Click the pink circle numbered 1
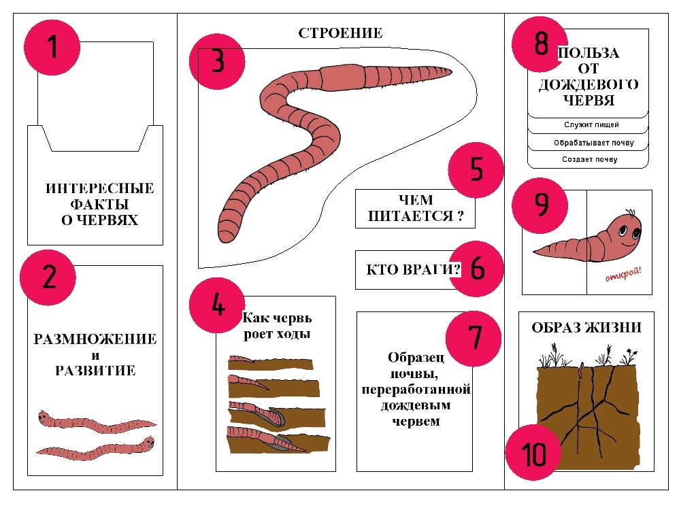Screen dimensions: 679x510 point(52,47)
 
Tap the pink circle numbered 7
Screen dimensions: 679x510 point(474,339)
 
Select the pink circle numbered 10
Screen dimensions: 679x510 point(533,452)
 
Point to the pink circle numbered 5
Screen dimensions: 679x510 point(476,170)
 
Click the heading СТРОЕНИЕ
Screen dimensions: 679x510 point(340,33)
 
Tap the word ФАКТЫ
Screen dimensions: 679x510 point(99,204)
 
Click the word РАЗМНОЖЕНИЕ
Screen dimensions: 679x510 point(95,339)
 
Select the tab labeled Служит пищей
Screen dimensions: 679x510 point(591,124)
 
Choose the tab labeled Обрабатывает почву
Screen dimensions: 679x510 point(594,142)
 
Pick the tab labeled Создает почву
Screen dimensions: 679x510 point(590,159)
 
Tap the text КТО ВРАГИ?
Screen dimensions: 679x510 point(413,270)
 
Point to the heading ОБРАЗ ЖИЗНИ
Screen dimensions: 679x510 point(586,327)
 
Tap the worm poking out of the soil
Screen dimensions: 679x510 point(582,369)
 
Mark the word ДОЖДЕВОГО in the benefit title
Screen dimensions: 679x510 point(589,84)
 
